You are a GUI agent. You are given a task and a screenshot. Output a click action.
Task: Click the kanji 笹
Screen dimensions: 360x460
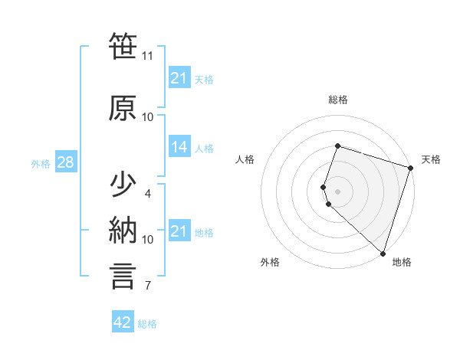[123, 47]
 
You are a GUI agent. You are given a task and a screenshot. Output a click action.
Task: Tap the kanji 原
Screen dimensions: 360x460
[123, 109]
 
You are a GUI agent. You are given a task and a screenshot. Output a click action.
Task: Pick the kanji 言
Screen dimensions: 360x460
[123, 277]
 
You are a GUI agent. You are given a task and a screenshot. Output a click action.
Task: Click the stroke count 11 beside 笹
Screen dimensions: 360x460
[148, 56]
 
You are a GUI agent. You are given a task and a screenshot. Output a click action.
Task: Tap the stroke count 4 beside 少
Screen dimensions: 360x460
[148, 193]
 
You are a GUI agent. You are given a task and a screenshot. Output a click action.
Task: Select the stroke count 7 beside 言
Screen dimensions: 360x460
[148, 286]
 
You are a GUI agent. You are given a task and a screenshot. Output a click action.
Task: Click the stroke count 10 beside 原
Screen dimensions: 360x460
[148, 117]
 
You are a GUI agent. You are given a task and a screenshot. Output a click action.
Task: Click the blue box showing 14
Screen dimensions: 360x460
[179, 148]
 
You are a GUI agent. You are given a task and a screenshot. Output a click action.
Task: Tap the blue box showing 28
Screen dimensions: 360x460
[64, 162]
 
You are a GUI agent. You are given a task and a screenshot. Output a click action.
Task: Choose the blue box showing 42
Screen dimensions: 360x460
[123, 322]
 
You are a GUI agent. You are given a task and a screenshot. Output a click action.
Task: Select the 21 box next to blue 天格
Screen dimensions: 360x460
[179, 78]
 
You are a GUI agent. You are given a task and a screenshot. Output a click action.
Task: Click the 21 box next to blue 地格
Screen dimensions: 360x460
[179, 231]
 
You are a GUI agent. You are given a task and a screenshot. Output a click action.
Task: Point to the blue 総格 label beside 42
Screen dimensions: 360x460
[148, 324]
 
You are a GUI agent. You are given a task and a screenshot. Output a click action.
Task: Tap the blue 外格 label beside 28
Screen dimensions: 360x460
[41, 163]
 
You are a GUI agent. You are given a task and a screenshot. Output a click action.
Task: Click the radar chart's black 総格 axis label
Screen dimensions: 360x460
[338, 100]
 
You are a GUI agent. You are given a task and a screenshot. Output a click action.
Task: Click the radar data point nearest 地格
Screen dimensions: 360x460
[383, 253]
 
